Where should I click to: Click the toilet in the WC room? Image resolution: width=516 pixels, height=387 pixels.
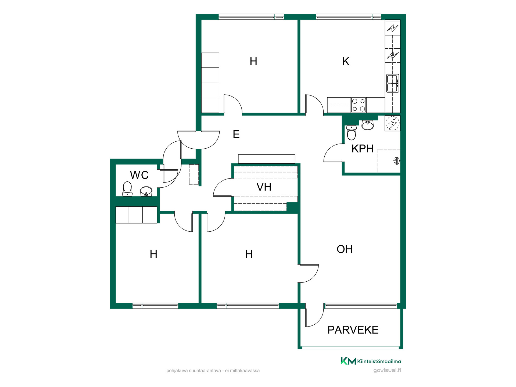127,189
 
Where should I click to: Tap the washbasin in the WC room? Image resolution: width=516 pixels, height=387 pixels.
146,191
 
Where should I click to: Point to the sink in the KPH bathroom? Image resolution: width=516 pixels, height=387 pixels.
367,125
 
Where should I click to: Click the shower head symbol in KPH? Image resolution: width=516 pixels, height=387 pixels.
397,161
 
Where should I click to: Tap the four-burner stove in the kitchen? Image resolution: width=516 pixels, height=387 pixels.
359,105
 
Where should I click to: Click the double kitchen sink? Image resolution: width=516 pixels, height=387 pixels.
392,83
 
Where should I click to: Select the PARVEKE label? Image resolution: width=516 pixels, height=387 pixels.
353,330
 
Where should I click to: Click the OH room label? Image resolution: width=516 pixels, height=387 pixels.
345,249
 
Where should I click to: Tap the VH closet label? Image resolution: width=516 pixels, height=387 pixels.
264,187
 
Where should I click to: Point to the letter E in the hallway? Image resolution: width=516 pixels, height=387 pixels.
236,134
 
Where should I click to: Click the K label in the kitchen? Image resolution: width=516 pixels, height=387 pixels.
346,61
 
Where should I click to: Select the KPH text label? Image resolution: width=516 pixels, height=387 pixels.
363,149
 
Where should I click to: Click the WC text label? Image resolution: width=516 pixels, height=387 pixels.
139,175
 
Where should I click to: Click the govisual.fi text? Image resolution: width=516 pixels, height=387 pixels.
387,370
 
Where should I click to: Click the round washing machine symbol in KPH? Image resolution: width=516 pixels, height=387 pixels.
393,123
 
